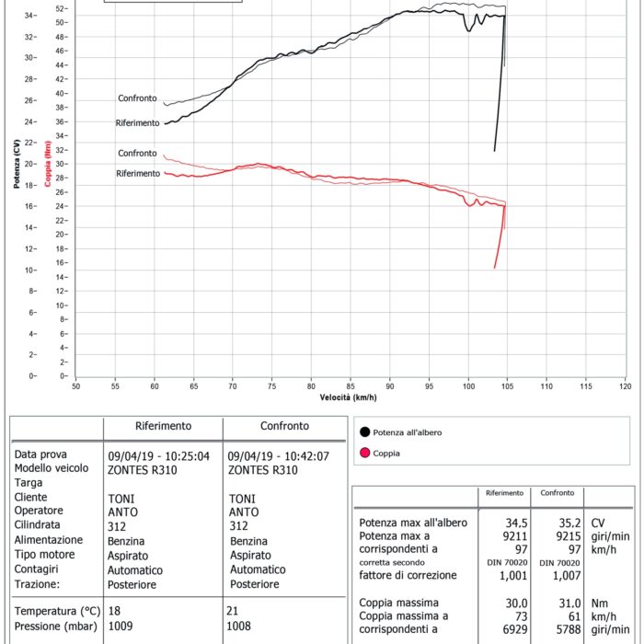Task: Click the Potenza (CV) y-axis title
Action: coord(17,165)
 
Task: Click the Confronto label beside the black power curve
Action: coord(137,98)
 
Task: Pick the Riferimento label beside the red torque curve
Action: coord(136,174)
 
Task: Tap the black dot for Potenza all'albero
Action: coord(365,431)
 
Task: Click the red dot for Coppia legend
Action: coord(365,453)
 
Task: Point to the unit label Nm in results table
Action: coord(598,602)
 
